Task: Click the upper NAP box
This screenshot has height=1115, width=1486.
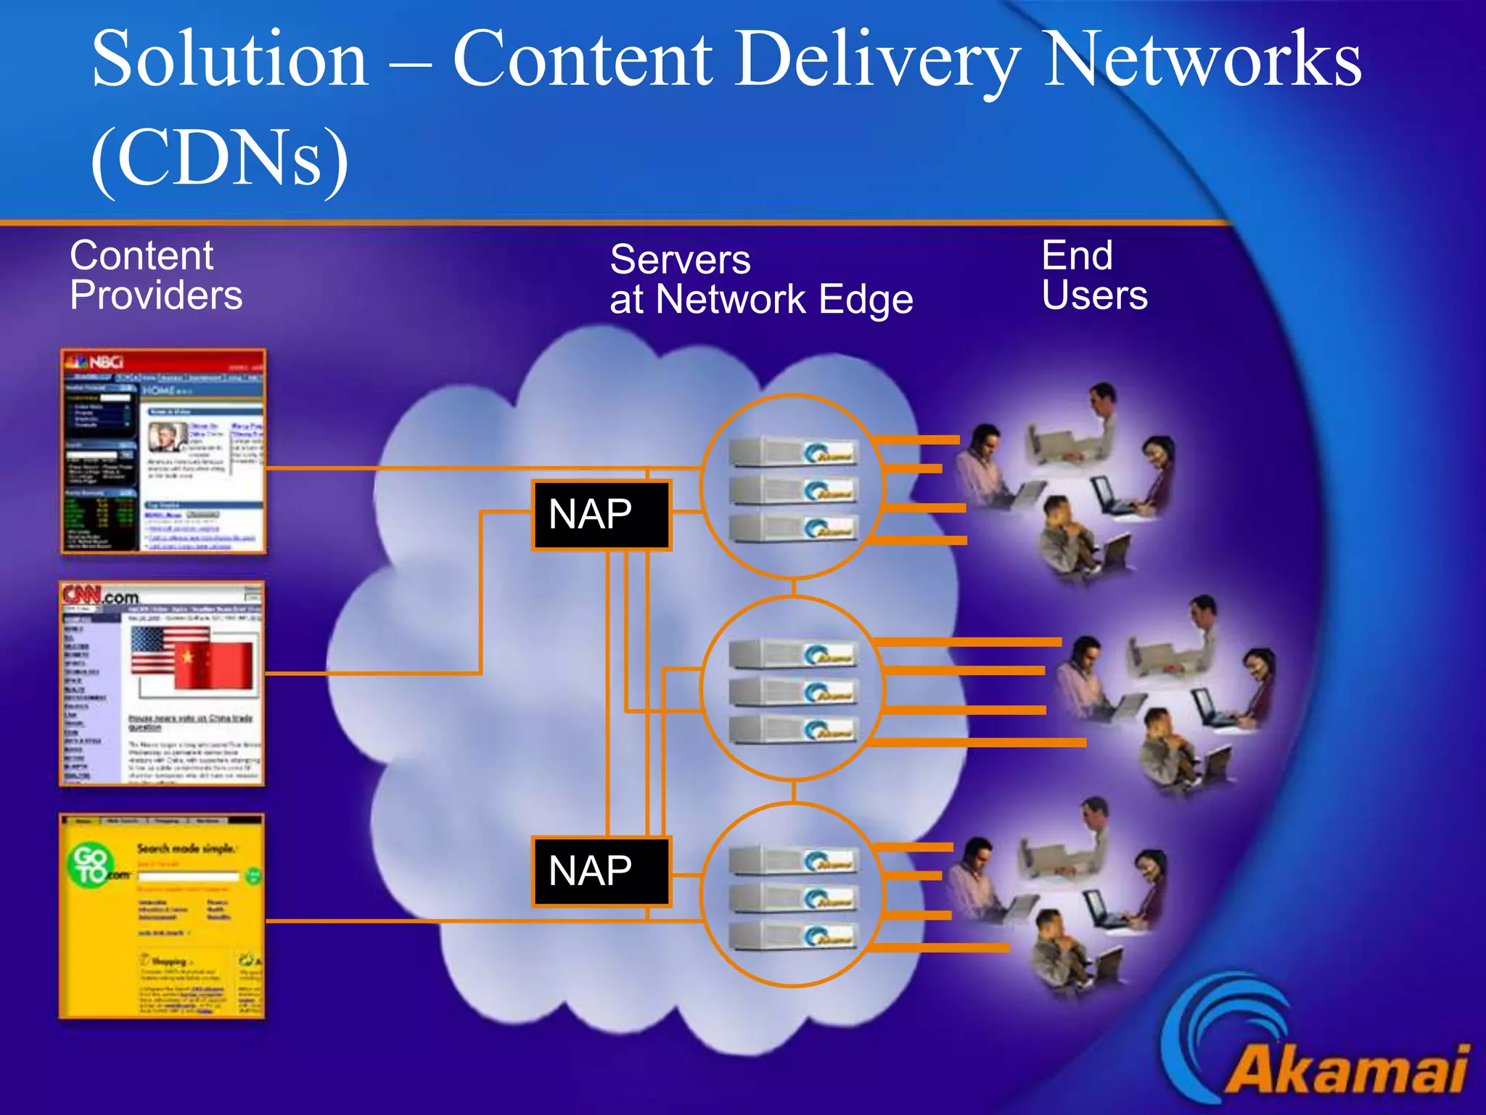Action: coord(601,515)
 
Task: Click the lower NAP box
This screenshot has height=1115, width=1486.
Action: coord(601,871)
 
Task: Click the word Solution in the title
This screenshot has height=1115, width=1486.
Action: coord(230,60)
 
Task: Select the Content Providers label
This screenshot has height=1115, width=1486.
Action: coord(156,276)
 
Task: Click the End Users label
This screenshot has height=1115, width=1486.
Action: coord(1094,276)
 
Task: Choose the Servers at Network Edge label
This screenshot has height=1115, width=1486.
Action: coord(760,280)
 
